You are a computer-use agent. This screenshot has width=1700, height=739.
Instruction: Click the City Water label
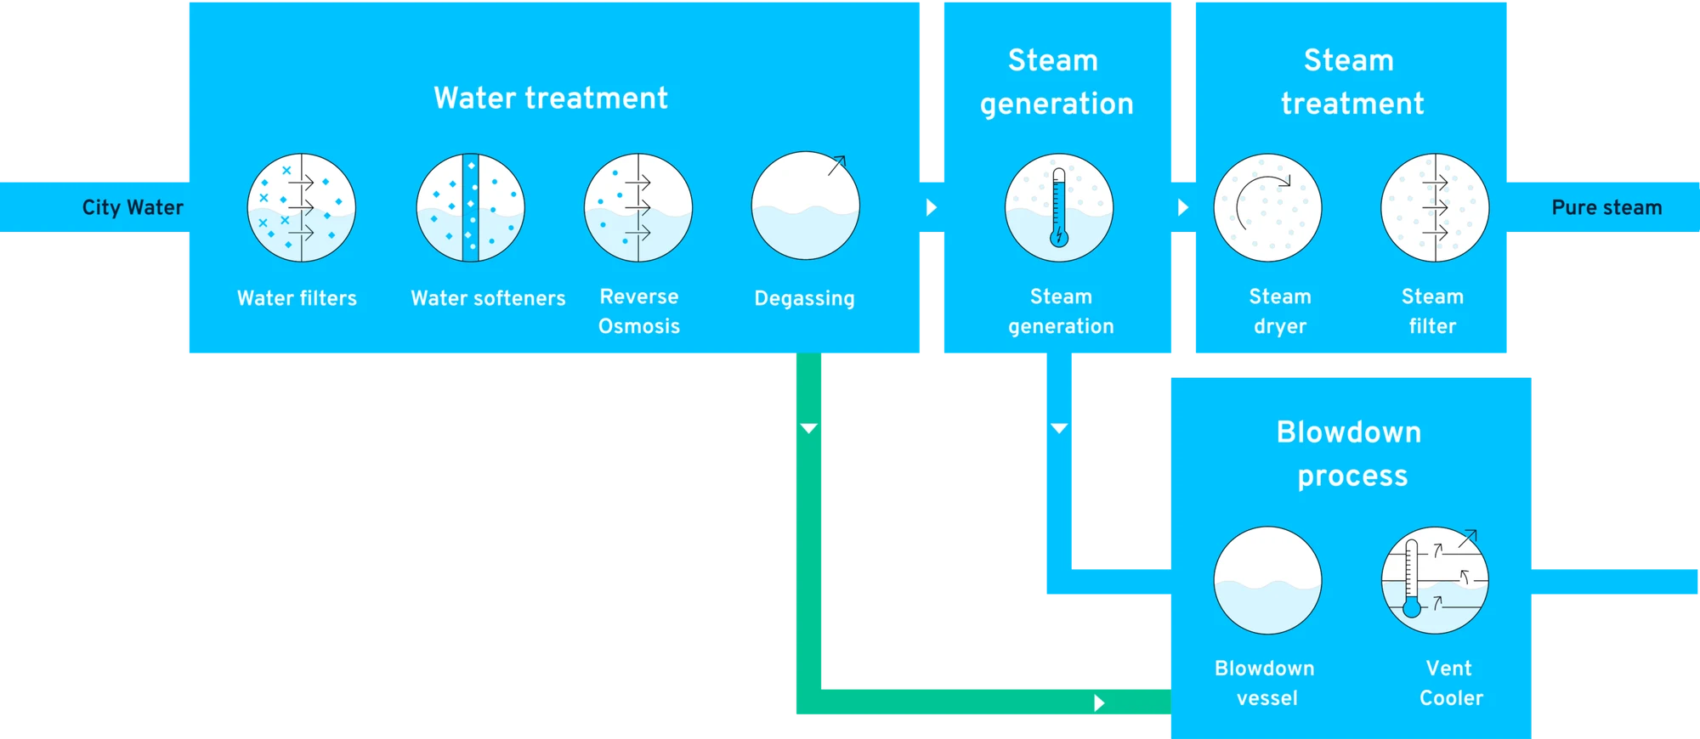(133, 207)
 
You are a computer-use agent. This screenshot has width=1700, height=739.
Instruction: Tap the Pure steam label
(1606, 208)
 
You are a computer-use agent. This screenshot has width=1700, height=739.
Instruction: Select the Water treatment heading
(551, 98)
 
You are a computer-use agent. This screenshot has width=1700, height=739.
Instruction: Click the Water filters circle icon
(302, 207)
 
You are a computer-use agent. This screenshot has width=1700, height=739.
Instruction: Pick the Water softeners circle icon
(470, 207)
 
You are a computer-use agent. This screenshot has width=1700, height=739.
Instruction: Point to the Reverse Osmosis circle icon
(638, 207)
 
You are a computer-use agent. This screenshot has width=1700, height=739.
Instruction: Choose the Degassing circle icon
(806, 206)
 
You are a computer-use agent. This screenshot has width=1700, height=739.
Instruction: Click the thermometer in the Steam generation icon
(1059, 207)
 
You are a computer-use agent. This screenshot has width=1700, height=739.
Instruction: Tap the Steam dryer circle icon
(1267, 207)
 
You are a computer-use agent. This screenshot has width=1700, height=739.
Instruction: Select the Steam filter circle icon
(1435, 207)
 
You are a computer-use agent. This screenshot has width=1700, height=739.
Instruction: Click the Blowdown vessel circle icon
(1267, 580)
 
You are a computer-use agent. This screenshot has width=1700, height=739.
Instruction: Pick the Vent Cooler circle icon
(1435, 580)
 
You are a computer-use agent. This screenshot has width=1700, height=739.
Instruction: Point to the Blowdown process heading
(1351, 454)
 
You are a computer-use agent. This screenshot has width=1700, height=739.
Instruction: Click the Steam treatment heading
(1351, 82)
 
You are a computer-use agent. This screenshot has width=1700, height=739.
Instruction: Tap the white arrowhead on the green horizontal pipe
(1099, 702)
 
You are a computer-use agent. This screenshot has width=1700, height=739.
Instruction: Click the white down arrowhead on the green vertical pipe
(808, 428)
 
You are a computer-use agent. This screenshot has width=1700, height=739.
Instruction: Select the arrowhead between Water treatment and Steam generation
(932, 207)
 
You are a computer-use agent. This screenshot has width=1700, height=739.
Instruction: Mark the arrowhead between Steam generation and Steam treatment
(1182, 207)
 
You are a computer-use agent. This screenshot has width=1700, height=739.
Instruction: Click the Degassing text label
(804, 298)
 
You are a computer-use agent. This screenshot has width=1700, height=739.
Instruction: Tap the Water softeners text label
(488, 298)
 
